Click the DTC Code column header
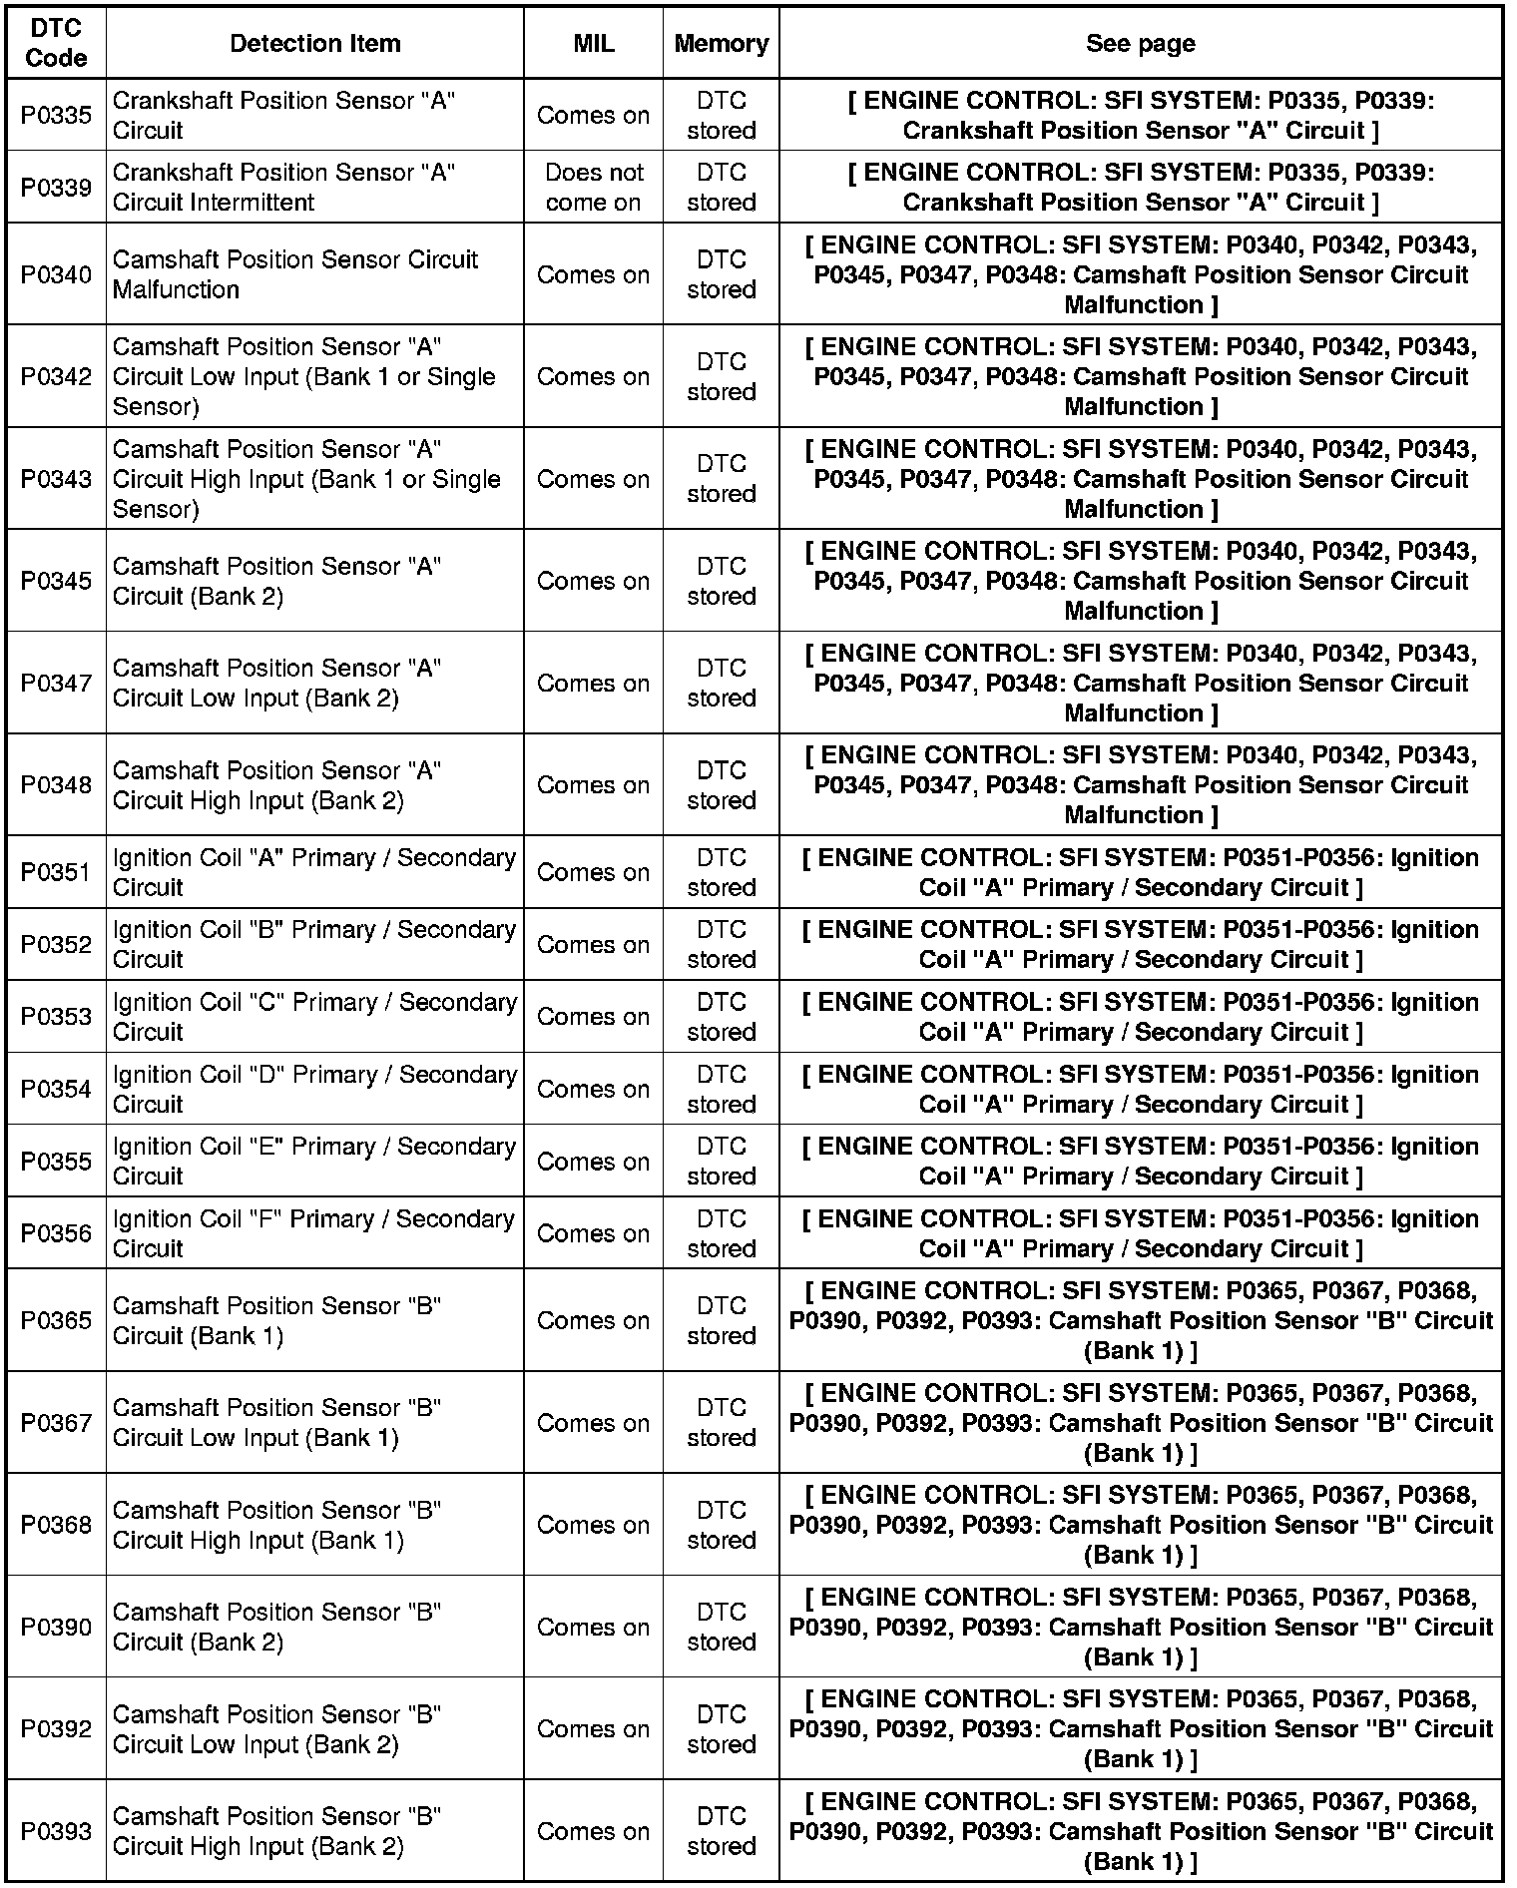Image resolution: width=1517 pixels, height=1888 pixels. (56, 43)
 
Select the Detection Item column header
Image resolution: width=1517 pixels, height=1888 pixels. (314, 43)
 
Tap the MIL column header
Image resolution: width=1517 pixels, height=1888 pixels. (593, 43)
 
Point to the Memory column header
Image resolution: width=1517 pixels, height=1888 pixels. (721, 43)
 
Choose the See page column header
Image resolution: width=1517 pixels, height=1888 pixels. (1140, 43)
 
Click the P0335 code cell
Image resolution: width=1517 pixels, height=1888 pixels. (56, 115)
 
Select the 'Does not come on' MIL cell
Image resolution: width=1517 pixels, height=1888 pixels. (593, 187)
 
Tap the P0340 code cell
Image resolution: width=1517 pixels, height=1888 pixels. (56, 274)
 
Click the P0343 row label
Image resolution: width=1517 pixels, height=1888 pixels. (56, 479)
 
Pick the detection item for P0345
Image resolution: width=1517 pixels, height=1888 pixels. (276, 581)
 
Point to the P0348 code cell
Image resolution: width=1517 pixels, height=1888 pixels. (56, 785)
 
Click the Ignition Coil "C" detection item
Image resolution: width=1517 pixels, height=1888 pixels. (314, 1016)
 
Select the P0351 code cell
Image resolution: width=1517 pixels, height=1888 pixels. (56, 872)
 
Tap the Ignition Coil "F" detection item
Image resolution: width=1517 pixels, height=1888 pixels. (314, 1233)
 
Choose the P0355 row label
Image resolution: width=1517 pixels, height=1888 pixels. (56, 1162)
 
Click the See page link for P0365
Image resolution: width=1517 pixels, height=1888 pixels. (1140, 1320)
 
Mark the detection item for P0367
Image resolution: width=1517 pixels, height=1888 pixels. (276, 1422)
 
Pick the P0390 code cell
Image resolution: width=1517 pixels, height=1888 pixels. (56, 1627)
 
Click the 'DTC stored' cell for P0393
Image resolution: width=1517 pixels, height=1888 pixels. (721, 1831)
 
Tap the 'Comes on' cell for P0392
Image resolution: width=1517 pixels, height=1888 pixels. (593, 1728)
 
